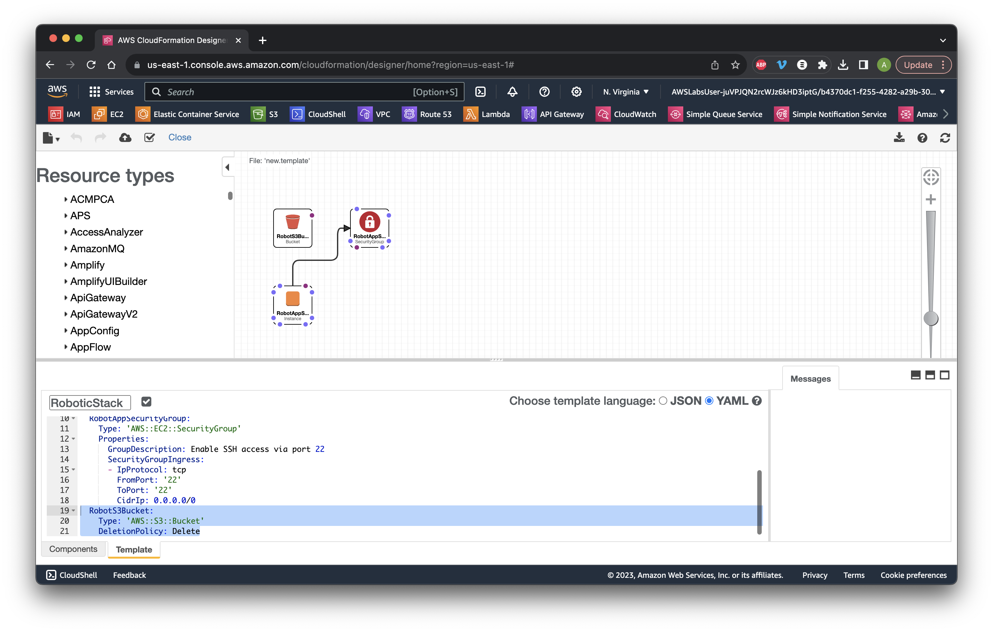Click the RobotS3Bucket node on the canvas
coord(292,228)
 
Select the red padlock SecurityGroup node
coord(369,228)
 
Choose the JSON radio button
coord(663,401)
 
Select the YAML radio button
coord(709,401)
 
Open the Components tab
coord(73,549)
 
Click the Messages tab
coord(810,379)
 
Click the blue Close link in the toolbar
coord(180,137)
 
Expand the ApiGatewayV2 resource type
coord(103,314)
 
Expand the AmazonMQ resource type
coord(97,249)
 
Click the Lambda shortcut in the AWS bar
coord(487,114)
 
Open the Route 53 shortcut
coord(427,114)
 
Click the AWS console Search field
coord(304,92)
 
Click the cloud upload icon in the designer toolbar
coord(125,138)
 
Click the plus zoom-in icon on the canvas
coord(930,200)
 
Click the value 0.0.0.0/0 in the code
coord(175,500)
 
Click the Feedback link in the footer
coord(129,575)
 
